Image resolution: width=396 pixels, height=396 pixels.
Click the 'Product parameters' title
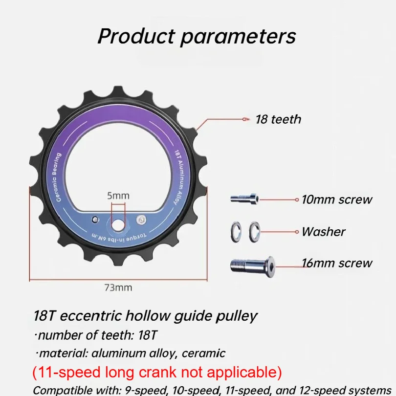(197, 37)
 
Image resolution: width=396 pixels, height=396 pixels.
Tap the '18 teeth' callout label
(278, 119)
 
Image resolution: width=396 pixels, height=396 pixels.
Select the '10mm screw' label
(337, 199)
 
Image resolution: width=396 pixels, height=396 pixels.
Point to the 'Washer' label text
(323, 231)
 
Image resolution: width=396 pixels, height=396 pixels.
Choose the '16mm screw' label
(337, 263)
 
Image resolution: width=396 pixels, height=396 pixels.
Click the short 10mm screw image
(244, 199)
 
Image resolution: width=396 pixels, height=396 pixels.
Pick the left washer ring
(235, 231)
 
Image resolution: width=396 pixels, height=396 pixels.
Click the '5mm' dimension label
(118, 196)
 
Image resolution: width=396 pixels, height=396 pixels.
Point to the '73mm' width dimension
(118, 287)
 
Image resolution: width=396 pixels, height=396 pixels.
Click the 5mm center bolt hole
(118, 225)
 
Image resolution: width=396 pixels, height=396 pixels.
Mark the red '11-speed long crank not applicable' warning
(157, 372)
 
